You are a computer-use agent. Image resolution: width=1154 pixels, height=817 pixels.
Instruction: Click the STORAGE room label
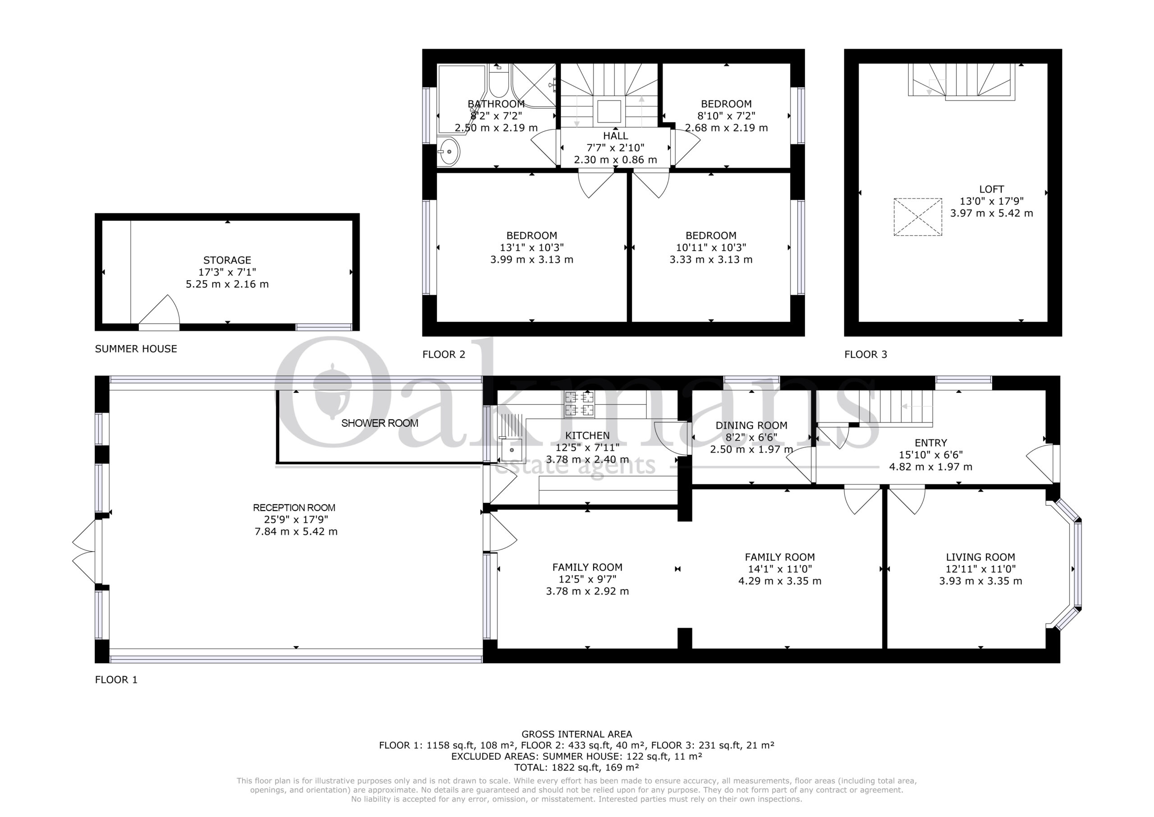pyautogui.click(x=227, y=260)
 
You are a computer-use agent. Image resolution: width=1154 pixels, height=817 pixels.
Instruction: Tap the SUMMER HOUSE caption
pyautogui.click(x=136, y=349)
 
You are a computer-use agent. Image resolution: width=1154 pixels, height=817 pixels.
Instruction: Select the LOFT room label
pyautogui.click(x=992, y=189)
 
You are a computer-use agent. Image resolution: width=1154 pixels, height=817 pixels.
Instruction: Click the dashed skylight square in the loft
pyautogui.click(x=918, y=217)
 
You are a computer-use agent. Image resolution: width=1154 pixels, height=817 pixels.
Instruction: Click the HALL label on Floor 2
pyautogui.click(x=616, y=136)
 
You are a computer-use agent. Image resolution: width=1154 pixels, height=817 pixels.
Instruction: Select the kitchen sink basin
pyautogui.click(x=512, y=449)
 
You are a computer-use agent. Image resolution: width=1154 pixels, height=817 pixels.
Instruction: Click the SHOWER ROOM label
pyautogui.click(x=380, y=423)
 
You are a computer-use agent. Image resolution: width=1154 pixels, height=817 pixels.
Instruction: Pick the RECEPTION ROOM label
pyautogui.click(x=294, y=508)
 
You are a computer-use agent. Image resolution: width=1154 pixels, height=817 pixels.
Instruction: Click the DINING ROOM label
pyautogui.click(x=751, y=425)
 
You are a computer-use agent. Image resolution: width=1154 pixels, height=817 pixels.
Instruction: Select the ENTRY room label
pyautogui.click(x=931, y=443)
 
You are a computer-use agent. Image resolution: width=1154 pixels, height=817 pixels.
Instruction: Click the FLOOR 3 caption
pyautogui.click(x=866, y=354)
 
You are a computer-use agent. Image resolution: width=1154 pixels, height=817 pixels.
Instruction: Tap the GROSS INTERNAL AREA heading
pyautogui.click(x=577, y=734)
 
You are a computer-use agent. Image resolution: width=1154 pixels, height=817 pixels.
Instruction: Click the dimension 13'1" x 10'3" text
pyautogui.click(x=532, y=248)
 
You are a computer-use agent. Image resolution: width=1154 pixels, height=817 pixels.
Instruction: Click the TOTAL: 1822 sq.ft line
pyautogui.click(x=577, y=767)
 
